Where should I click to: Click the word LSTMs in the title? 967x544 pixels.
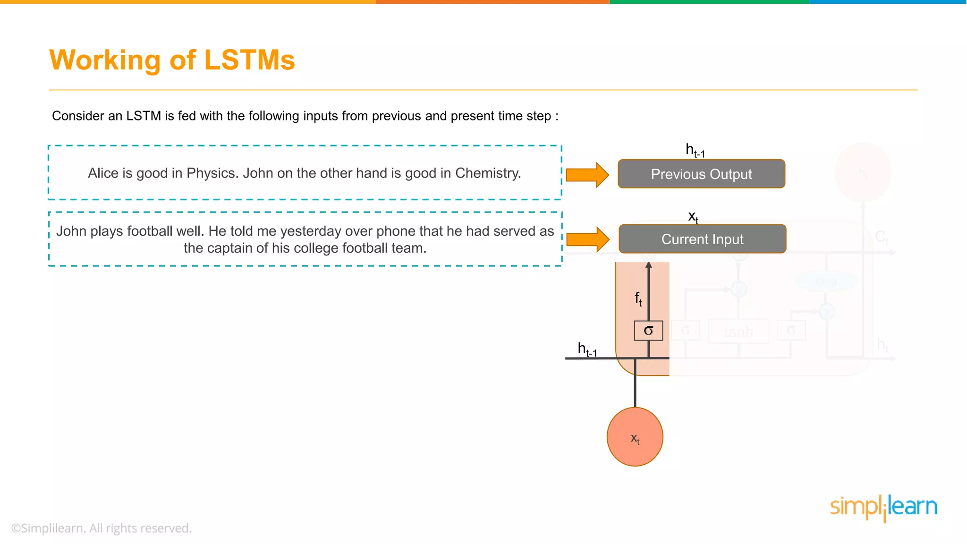pyautogui.click(x=249, y=60)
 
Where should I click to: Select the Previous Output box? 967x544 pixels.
pyautogui.click(x=701, y=174)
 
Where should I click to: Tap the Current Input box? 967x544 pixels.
pyautogui.click(x=702, y=239)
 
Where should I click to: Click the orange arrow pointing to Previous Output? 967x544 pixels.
pyautogui.click(x=587, y=175)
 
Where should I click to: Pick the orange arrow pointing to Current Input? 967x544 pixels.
pyautogui.click(x=587, y=239)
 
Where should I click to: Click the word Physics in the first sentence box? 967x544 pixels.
pyautogui.click(x=212, y=173)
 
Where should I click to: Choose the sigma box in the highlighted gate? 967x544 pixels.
pyautogui.click(x=648, y=331)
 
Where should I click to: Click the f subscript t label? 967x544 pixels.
pyautogui.click(x=638, y=298)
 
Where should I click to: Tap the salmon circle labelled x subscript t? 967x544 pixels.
pyautogui.click(x=635, y=437)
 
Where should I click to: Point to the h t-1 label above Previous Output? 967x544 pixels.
pyautogui.click(x=695, y=151)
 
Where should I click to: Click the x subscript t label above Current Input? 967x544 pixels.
pyautogui.click(x=693, y=217)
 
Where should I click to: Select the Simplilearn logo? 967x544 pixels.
pyautogui.click(x=883, y=508)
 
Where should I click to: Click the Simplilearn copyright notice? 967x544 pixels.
pyautogui.click(x=102, y=528)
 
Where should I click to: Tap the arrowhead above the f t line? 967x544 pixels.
pyautogui.click(x=649, y=265)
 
